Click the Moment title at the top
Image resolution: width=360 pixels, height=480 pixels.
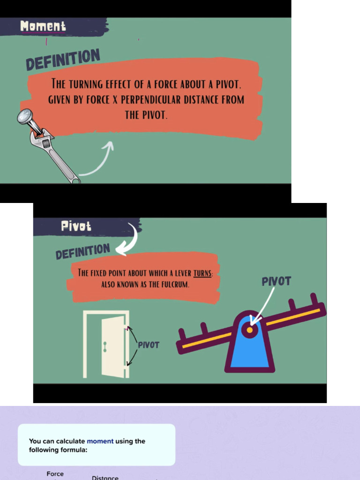43,26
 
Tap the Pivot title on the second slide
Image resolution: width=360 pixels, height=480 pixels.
76,226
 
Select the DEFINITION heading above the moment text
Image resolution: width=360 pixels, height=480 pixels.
63,60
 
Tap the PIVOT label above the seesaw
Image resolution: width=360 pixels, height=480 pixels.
276,281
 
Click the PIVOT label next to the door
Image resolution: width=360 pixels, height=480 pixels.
148,345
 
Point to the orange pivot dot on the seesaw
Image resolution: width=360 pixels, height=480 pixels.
250,330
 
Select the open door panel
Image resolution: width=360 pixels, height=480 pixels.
112,347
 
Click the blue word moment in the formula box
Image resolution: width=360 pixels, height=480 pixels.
100,441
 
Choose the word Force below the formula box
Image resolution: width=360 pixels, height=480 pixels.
55,474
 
